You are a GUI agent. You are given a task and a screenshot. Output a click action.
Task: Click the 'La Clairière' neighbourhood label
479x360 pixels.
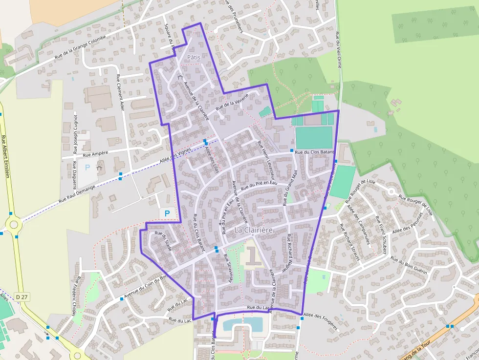point(253,229)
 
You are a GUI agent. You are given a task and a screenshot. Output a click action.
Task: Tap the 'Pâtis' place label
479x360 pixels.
point(194,57)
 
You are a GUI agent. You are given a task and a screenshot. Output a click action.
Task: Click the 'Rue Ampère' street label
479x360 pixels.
point(95,154)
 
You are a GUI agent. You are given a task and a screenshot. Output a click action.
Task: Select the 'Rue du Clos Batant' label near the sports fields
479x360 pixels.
point(314,152)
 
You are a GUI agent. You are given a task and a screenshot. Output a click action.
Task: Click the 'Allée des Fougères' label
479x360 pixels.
point(320,321)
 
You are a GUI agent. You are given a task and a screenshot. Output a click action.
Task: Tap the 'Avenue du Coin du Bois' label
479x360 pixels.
point(146,286)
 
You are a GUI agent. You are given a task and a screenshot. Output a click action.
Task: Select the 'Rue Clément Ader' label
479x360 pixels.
point(120,93)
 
